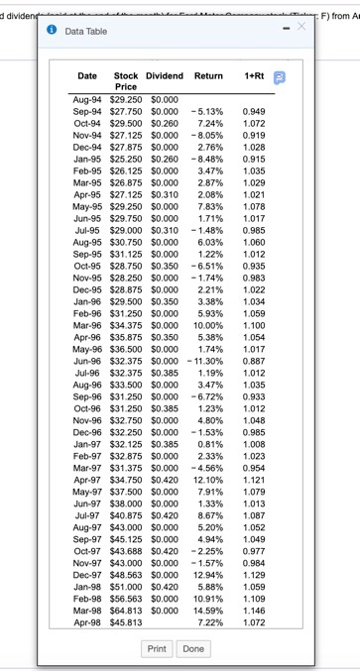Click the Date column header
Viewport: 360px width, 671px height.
click(87, 75)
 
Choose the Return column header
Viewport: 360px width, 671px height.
click(209, 75)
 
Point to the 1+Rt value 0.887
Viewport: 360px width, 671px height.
click(253, 359)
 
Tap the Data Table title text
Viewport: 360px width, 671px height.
click(85, 32)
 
